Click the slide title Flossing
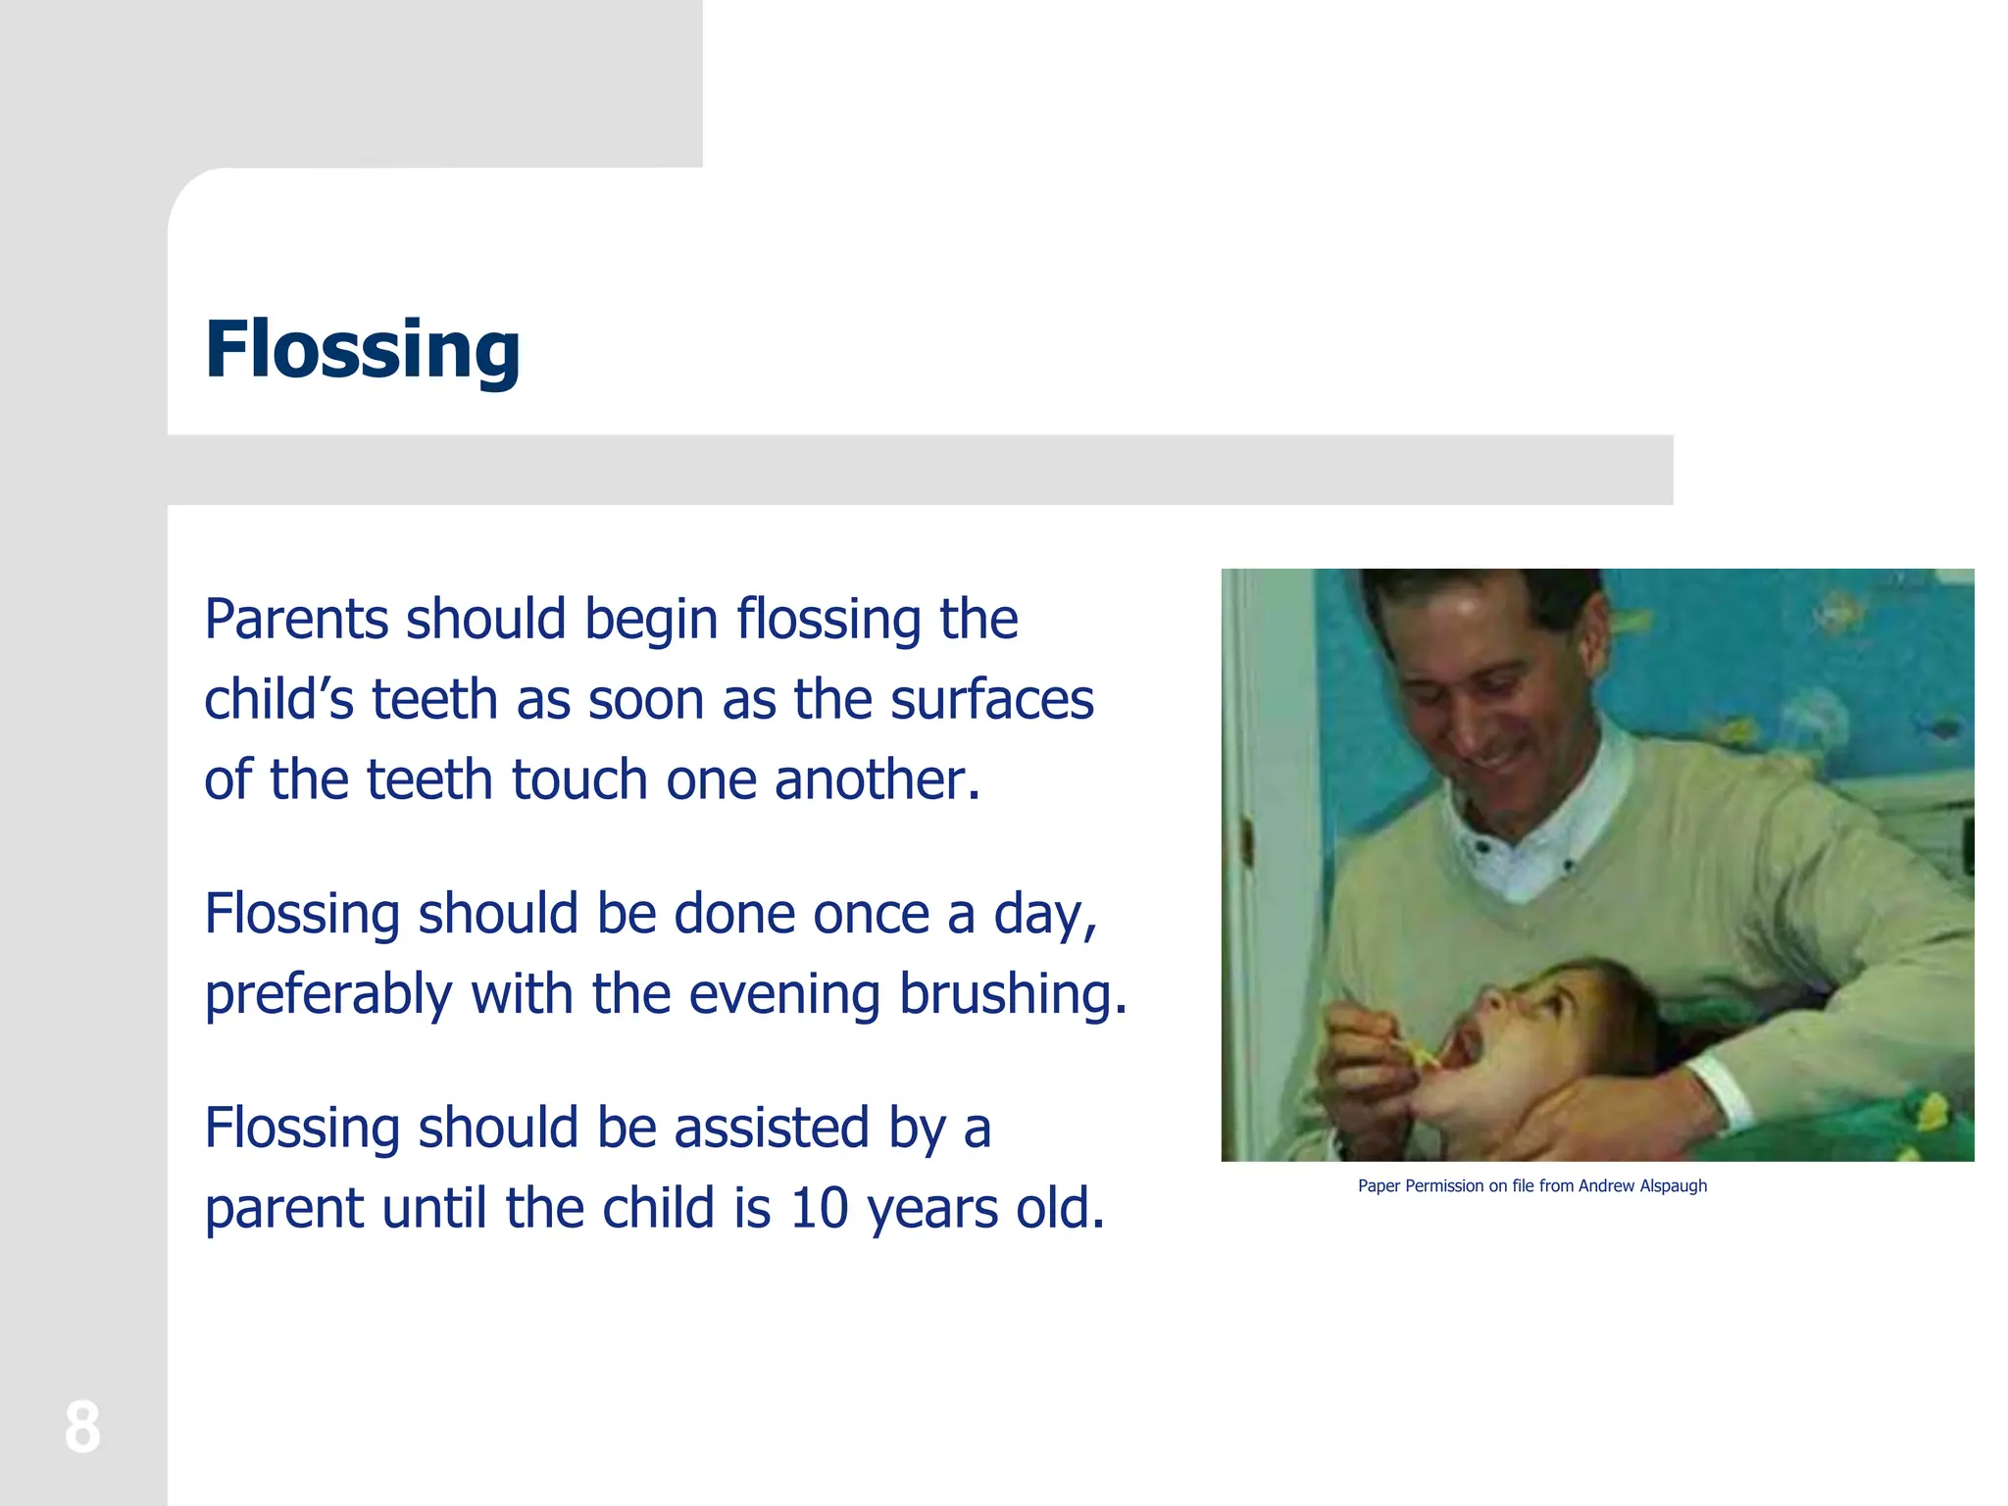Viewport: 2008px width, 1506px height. tap(362, 350)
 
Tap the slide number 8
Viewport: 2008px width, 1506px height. tap(82, 1428)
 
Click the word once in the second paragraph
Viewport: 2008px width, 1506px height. tap(870, 914)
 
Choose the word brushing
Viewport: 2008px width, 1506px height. tap(1012, 995)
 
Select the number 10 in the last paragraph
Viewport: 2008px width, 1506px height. tap(819, 1208)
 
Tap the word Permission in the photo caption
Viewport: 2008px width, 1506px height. tap(1444, 1186)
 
